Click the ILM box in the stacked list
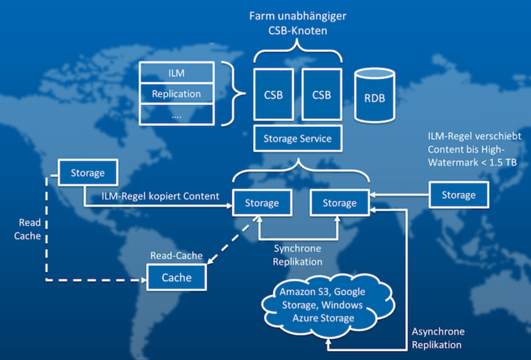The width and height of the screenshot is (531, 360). [x=176, y=73]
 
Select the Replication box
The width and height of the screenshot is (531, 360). [x=176, y=93]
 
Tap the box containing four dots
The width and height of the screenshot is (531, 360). [x=176, y=115]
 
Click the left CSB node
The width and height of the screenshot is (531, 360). [x=273, y=95]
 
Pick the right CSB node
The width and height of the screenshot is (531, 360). [x=322, y=95]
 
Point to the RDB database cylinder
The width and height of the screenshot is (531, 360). [x=375, y=95]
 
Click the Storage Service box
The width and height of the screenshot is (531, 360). [x=298, y=139]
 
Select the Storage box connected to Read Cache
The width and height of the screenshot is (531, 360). [x=88, y=173]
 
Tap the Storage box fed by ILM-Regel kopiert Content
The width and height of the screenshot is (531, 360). [x=262, y=203]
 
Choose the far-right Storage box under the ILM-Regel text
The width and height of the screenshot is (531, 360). [x=458, y=195]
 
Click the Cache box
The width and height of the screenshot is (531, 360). [x=176, y=277]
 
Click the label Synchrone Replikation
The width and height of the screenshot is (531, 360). [x=297, y=255]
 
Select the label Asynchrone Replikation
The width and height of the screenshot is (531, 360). [x=438, y=338]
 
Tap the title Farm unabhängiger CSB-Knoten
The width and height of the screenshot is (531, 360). [x=298, y=23]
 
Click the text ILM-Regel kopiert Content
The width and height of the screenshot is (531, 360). [x=160, y=196]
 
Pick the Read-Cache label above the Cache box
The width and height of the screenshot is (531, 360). [x=176, y=256]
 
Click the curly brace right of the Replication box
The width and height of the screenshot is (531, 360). [x=234, y=93]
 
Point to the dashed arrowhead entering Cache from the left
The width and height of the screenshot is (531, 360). [x=143, y=280]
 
